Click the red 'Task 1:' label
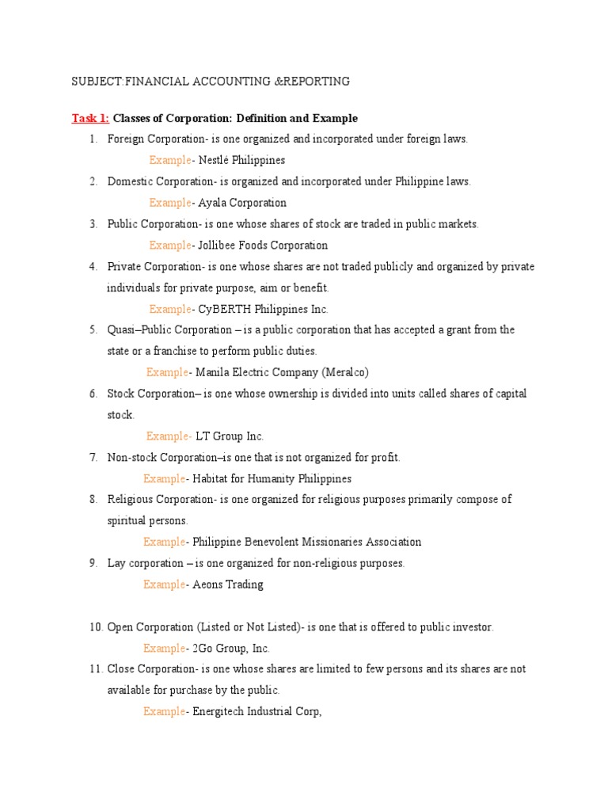(x=90, y=118)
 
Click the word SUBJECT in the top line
(x=96, y=82)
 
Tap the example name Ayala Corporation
(x=242, y=203)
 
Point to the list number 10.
(x=96, y=627)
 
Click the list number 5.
(x=93, y=329)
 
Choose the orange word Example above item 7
(x=169, y=436)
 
